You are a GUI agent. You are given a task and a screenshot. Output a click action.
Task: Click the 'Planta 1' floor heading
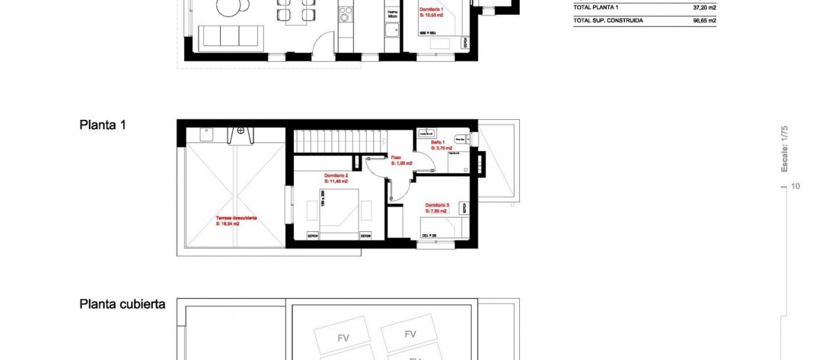point(102,125)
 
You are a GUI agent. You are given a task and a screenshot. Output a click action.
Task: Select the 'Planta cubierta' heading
point(122,304)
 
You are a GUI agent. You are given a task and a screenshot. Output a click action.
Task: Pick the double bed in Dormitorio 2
point(339,214)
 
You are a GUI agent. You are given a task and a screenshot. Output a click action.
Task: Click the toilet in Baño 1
point(460,139)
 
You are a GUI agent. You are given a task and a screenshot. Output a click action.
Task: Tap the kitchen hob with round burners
point(346,14)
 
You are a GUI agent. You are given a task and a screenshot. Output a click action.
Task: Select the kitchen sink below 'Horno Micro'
point(392,30)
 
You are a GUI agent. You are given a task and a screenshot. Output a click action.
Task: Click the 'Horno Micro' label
point(393,14)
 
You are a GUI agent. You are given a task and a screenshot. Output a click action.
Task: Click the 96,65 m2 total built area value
point(704,20)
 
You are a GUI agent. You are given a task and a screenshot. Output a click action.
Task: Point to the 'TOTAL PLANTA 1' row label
point(595,7)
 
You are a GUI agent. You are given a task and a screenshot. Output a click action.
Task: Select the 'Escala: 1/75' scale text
point(784,149)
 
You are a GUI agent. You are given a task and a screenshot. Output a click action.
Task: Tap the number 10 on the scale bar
point(795,186)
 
